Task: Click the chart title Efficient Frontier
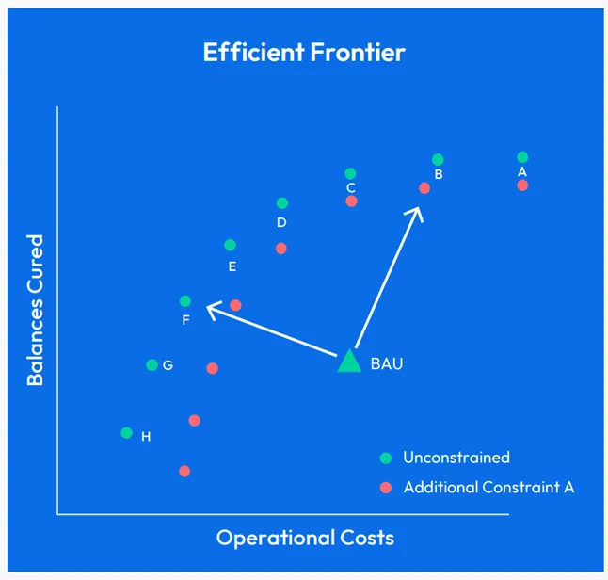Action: pos(304,52)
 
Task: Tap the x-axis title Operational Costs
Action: pos(305,538)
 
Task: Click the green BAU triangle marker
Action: pos(349,362)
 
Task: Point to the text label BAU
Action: pos(386,363)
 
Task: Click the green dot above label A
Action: pos(522,157)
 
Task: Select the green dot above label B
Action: pos(438,160)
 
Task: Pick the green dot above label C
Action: pos(350,173)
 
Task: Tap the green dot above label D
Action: pos(281,203)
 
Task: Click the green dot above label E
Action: pos(231,245)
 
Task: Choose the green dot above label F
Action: pos(185,301)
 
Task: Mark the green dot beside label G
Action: pos(152,364)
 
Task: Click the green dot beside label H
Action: pos(126,433)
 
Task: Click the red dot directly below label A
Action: pos(522,185)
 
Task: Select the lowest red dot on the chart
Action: pos(184,471)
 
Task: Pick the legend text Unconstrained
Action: pos(456,458)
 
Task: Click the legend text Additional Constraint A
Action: pos(488,488)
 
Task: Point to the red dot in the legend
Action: pos(385,488)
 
